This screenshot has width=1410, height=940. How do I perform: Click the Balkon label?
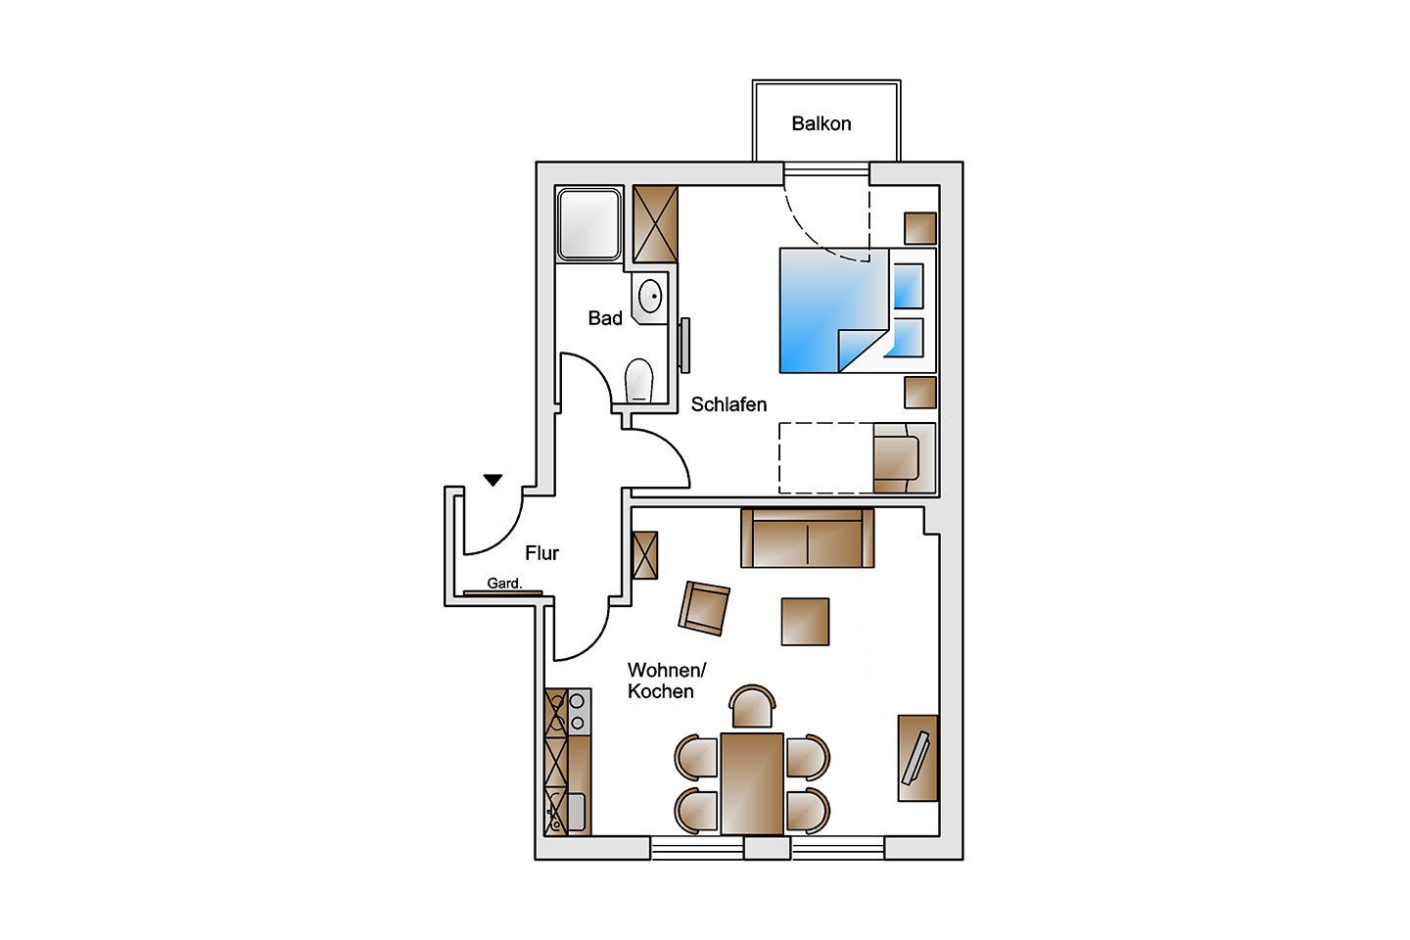point(821,123)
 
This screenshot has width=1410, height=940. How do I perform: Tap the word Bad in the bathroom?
point(605,318)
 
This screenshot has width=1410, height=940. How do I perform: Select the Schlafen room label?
point(728,404)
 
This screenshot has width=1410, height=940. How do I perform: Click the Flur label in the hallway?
point(541,553)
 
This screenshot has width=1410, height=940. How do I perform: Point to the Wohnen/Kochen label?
point(665,681)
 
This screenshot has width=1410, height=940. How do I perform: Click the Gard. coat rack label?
point(504,584)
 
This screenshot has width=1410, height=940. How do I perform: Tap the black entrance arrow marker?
point(493,480)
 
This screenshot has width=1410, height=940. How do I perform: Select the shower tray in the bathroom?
point(589,223)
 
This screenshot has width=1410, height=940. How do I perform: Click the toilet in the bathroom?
point(639,380)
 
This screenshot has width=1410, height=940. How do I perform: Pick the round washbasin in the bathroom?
point(650,296)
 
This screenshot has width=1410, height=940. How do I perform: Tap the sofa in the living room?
point(807,539)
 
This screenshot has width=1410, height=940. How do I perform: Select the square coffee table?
point(805,622)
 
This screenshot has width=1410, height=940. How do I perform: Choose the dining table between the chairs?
point(752,783)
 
